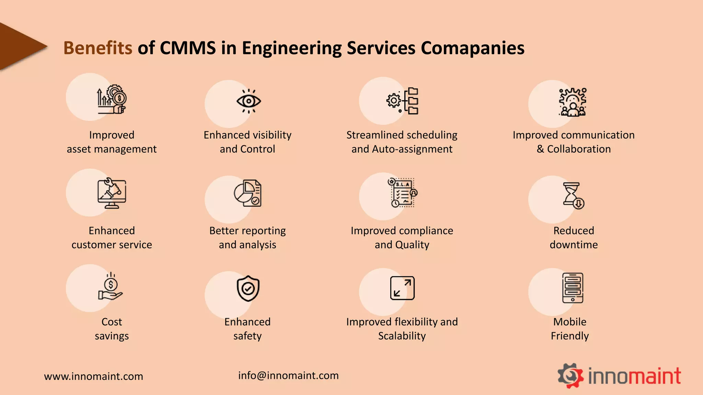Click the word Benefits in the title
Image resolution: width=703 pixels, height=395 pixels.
click(x=98, y=48)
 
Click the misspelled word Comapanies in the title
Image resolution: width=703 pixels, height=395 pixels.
click(x=472, y=48)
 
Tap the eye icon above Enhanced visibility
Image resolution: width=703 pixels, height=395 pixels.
click(x=249, y=101)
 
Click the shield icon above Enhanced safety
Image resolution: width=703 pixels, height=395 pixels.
click(x=248, y=289)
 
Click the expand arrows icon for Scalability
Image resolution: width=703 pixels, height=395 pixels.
click(x=402, y=288)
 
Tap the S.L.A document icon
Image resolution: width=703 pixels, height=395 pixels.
click(x=402, y=193)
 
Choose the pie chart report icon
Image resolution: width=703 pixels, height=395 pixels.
click(x=248, y=193)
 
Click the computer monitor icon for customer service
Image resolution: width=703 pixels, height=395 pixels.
click(x=112, y=193)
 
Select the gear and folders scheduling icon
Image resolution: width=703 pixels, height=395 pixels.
click(x=402, y=101)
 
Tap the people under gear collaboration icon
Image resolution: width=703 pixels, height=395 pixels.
click(x=573, y=102)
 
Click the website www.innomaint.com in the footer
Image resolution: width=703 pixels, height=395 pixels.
click(x=93, y=376)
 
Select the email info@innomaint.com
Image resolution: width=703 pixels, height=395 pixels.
click(x=288, y=375)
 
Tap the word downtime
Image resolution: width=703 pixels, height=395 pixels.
click(x=574, y=245)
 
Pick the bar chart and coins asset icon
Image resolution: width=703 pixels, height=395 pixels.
click(x=112, y=99)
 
